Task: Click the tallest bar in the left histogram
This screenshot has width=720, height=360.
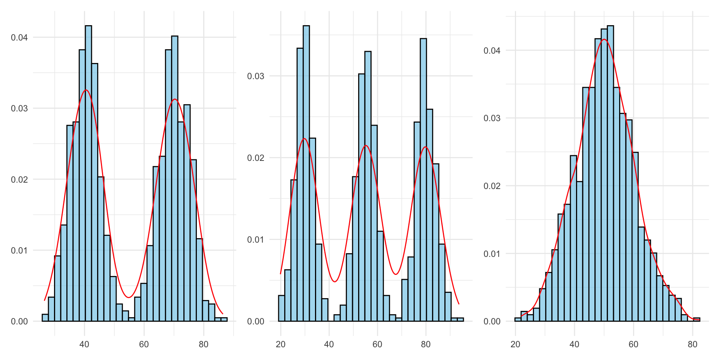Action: [x=88, y=172]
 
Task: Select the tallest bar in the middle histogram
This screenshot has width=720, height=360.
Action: [x=306, y=172]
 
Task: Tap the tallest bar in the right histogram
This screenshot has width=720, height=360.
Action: [x=610, y=172]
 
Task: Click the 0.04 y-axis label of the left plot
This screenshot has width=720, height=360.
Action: [x=19, y=37]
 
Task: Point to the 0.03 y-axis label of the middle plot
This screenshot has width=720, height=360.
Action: [x=255, y=76]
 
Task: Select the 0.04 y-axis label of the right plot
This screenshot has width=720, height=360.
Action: [x=492, y=51]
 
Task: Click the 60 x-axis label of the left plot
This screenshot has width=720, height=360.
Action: [x=144, y=345]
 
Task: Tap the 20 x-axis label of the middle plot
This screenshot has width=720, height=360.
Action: [x=280, y=345]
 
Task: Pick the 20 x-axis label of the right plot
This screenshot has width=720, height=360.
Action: [x=515, y=345]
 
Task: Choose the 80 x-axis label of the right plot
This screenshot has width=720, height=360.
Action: [x=693, y=345]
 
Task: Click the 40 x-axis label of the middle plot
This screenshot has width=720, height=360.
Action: [x=329, y=345]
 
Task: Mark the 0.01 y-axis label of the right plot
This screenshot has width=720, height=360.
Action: [x=492, y=254]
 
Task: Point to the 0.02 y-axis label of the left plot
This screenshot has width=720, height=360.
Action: [x=19, y=179]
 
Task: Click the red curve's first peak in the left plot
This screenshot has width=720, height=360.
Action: [x=86, y=90]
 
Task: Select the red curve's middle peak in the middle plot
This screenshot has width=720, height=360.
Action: [x=366, y=145]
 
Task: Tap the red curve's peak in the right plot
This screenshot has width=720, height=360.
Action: [x=604, y=39]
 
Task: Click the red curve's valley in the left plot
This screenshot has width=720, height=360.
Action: [x=129, y=297]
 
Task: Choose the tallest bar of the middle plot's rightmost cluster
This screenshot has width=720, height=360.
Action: [x=423, y=180]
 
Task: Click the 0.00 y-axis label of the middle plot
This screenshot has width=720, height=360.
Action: [x=255, y=321]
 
